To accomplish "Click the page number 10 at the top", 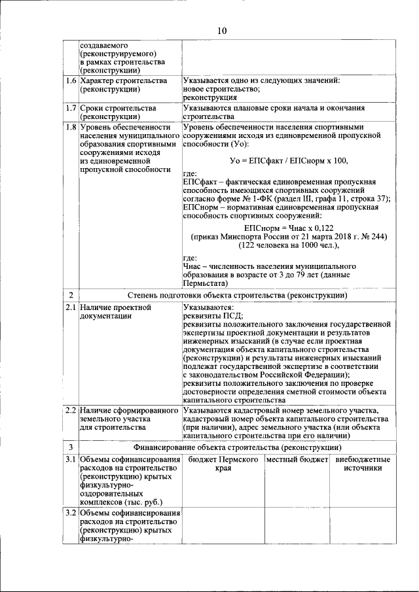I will point(221,30).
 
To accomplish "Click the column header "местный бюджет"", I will point(297,460).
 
